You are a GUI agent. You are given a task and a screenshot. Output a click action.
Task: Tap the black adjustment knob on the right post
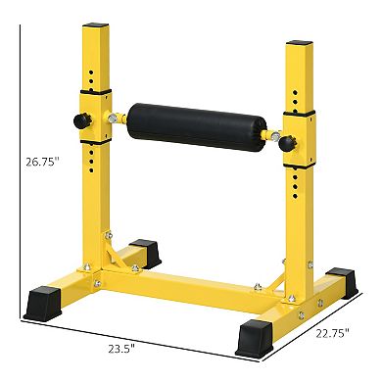(287, 144)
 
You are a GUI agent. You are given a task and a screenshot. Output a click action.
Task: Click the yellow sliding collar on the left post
(99, 121)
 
